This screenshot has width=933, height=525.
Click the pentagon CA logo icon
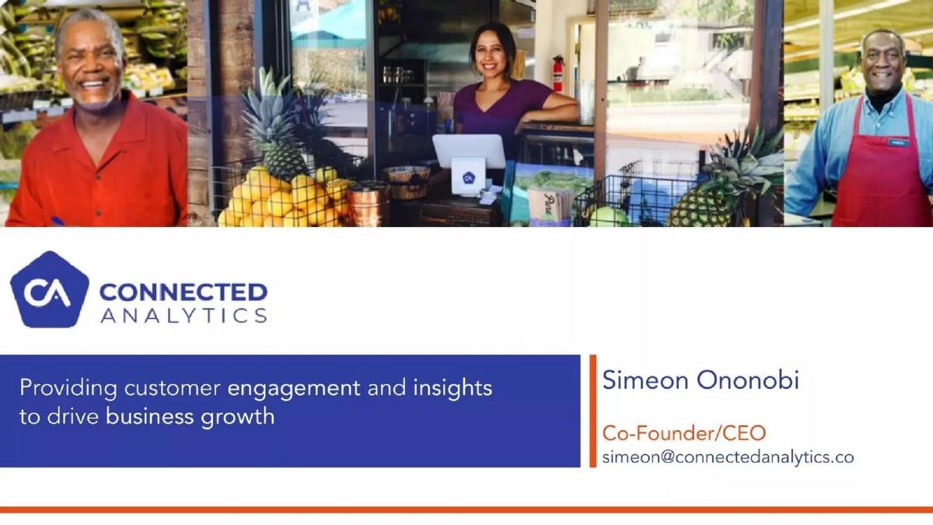click(x=50, y=289)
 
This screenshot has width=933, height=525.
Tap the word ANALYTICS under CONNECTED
click(x=183, y=316)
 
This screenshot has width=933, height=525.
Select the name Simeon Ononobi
click(x=701, y=380)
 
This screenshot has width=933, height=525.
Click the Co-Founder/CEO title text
click(x=684, y=433)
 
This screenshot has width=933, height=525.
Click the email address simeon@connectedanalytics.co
click(x=728, y=457)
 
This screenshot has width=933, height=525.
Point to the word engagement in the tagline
click(x=294, y=389)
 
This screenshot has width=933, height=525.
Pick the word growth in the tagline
click(x=237, y=417)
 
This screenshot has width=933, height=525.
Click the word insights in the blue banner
click(x=453, y=388)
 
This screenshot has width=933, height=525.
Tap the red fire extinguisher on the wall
click(x=557, y=73)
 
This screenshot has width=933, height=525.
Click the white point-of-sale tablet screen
click(x=469, y=151)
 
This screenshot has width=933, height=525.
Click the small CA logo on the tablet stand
click(x=469, y=178)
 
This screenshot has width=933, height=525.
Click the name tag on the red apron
click(x=897, y=142)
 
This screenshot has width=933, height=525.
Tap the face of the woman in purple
click(x=491, y=51)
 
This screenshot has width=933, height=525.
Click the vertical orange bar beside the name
click(x=592, y=411)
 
